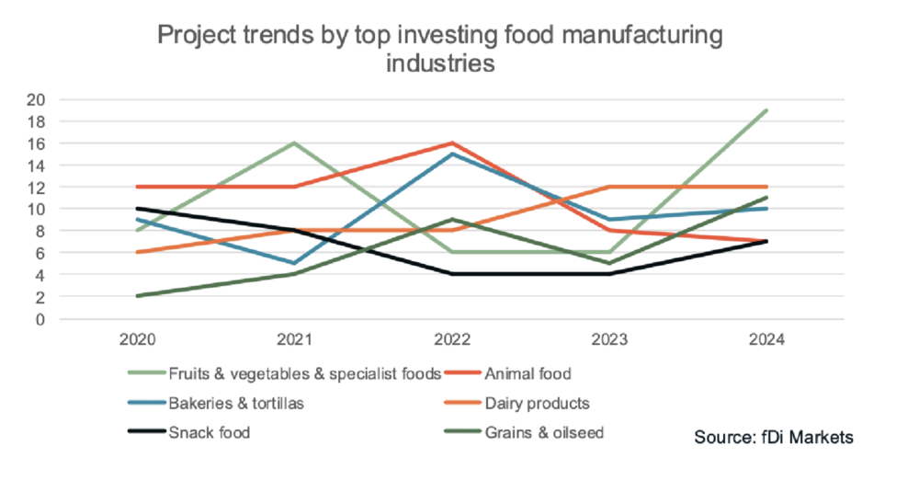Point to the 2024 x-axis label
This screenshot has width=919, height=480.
[x=766, y=339]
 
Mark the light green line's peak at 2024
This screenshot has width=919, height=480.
[x=766, y=110]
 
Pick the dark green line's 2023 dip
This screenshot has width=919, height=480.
[x=609, y=264]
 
